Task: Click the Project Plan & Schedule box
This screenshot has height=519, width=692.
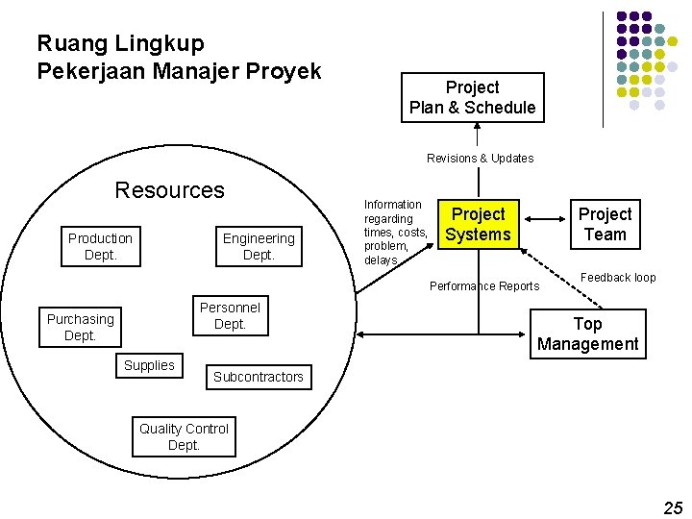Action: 472,97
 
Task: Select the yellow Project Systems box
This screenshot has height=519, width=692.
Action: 478,224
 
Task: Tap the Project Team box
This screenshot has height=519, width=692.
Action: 605,224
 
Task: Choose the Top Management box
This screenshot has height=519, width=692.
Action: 587,334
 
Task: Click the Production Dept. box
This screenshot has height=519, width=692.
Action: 100,246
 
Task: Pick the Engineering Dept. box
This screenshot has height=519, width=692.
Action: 259,246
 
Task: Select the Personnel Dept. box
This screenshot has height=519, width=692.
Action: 230,315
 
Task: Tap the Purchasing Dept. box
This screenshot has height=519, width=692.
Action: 80,327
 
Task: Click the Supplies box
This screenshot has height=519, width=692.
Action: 149,365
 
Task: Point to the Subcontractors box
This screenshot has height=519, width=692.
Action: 258,377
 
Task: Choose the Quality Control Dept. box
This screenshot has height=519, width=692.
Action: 184,436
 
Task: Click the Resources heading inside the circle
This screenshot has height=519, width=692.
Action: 169,189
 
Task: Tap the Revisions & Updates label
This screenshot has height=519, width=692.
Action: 480,158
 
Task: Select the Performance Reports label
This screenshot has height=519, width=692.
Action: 484,285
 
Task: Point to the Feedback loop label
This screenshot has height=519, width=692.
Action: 618,278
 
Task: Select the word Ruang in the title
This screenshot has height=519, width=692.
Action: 68,43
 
